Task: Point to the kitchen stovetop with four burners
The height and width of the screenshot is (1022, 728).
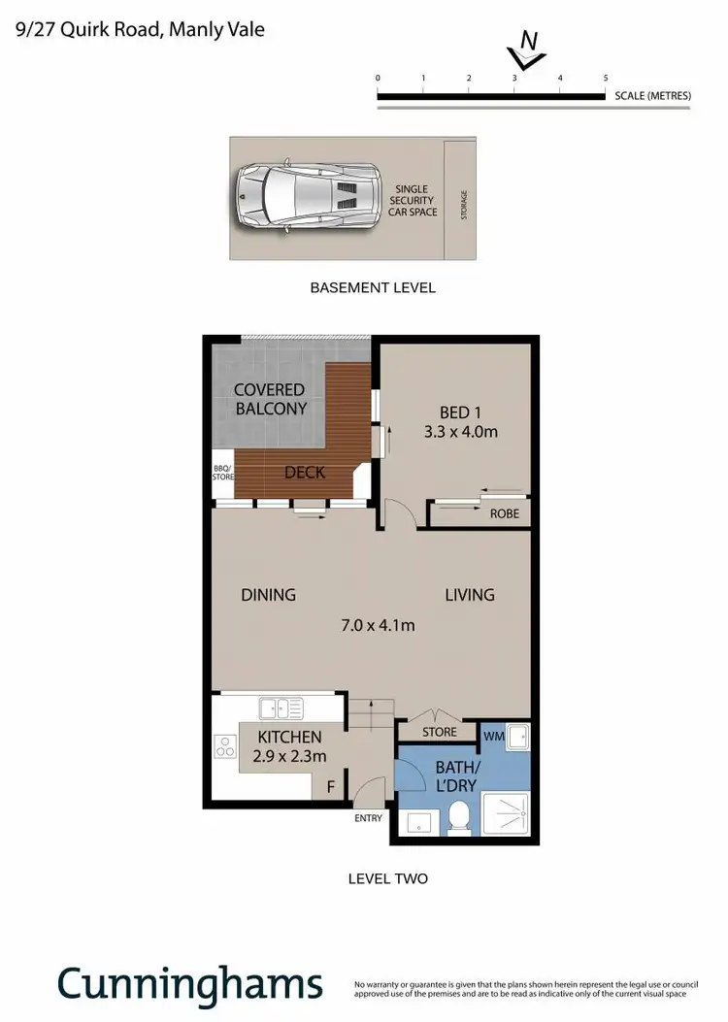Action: pyautogui.click(x=225, y=747)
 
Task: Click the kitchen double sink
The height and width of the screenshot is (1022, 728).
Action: pyautogui.click(x=281, y=708)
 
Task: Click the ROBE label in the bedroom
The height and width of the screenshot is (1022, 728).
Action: pyautogui.click(x=504, y=513)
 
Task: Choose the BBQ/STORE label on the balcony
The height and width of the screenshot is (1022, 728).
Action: pyautogui.click(x=223, y=472)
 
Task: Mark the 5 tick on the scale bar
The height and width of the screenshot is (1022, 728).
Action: pyautogui.click(x=606, y=79)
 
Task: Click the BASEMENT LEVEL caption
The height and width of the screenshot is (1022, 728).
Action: pyautogui.click(x=372, y=287)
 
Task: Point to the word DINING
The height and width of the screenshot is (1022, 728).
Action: pyautogui.click(x=268, y=595)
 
